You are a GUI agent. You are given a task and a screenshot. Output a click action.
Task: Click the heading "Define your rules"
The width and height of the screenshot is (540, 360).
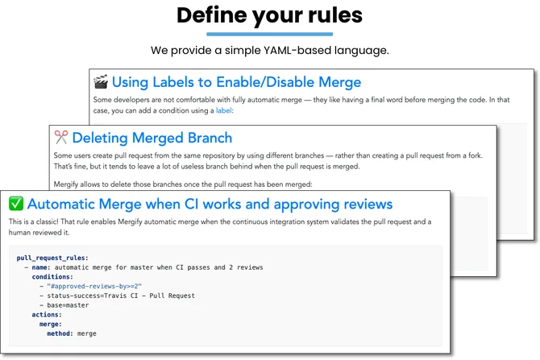tap(270, 16)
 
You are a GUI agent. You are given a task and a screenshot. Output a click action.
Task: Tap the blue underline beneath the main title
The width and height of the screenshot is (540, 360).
tap(270, 34)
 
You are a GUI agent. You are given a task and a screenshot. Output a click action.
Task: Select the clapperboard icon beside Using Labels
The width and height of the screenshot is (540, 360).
tap(101, 81)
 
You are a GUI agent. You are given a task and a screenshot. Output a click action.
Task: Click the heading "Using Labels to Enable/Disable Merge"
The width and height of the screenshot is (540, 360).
tap(237, 82)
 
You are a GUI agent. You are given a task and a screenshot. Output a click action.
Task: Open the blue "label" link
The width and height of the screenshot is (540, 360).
tap(223, 110)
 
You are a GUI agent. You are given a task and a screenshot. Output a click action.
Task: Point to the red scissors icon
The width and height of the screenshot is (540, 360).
tap(61, 137)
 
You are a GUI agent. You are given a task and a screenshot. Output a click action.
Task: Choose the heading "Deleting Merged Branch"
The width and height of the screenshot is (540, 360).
tap(152, 138)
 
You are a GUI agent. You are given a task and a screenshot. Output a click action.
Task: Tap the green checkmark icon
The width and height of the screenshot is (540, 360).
tap(16, 204)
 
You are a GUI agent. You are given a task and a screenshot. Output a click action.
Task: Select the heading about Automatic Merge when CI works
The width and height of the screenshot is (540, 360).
tap(210, 204)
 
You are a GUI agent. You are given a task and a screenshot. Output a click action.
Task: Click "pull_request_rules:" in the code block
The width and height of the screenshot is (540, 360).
tap(52, 258)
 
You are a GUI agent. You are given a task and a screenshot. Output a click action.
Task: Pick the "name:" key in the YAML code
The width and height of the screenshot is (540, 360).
tap(41, 267)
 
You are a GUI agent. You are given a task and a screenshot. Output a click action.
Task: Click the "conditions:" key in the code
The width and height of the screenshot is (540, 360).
tap(52, 277)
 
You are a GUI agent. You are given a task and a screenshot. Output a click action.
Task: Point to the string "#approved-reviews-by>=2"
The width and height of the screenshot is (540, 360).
tap(94, 287)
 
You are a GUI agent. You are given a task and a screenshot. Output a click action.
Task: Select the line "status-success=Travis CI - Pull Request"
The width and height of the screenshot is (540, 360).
tap(121, 296)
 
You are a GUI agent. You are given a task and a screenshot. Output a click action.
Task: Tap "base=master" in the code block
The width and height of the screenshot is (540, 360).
tap(68, 305)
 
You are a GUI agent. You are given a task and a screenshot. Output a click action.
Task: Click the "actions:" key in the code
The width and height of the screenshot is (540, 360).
tap(47, 315)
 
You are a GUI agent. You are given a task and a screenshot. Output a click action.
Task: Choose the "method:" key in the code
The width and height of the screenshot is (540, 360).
tap(60, 333)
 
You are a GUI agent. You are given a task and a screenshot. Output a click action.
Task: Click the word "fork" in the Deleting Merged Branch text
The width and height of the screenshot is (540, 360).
tap(475, 155)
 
